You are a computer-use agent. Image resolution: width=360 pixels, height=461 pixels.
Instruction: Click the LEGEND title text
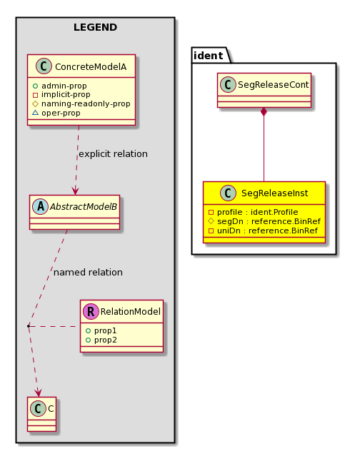96,27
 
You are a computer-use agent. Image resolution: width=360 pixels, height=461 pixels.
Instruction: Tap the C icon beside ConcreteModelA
44,66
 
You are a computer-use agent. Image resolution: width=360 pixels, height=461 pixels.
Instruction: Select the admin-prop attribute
64,86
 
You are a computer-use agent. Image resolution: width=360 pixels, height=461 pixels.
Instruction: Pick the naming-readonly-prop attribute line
86,103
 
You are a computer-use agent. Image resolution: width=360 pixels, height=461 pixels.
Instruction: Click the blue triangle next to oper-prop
35,112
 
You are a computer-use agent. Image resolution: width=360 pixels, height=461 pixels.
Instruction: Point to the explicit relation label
114,154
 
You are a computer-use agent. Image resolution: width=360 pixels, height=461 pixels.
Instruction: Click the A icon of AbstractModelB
40,207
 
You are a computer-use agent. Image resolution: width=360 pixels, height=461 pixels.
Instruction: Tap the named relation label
88,273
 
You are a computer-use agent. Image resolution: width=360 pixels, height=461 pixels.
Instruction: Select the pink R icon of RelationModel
91,311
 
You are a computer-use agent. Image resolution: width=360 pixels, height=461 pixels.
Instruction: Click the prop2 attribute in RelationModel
106,340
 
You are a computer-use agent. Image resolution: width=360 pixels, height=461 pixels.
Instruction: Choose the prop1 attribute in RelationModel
106,330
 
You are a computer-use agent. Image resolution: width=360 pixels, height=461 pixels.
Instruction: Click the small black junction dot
29,326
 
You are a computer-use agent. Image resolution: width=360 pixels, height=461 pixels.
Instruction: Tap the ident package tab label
209,56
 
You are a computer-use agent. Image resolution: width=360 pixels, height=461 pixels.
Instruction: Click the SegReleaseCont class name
273,85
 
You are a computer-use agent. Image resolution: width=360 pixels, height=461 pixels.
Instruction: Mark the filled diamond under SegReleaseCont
264,112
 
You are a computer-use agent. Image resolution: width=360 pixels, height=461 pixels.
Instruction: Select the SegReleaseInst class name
274,193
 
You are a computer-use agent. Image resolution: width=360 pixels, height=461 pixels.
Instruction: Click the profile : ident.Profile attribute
257,212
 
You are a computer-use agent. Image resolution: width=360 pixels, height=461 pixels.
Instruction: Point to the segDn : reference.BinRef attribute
269,221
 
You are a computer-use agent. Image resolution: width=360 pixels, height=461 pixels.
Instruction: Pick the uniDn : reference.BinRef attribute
267,230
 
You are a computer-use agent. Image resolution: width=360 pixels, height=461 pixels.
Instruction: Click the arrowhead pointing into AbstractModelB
75,191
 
